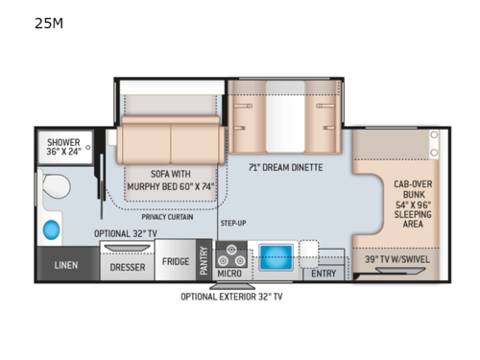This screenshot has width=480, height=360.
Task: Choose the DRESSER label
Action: (x=128, y=268)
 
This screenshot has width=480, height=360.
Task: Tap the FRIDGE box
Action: (x=175, y=261)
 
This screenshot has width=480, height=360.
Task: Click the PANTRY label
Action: (x=204, y=260)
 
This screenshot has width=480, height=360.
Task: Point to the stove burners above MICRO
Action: (x=231, y=257)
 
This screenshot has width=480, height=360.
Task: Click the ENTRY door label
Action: (x=324, y=273)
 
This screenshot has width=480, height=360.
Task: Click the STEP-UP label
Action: (x=234, y=223)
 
